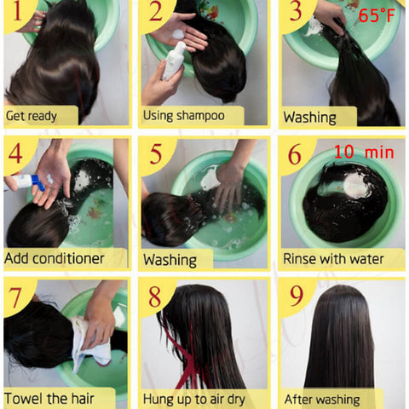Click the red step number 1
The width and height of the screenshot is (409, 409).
click(x=17, y=11)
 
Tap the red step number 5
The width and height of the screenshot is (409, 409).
click(x=156, y=153)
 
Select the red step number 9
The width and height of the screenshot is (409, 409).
click(x=297, y=296)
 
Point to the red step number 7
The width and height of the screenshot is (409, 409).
click(x=15, y=297)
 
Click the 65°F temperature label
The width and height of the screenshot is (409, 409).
click(x=377, y=15)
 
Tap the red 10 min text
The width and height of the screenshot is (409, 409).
click(x=364, y=152)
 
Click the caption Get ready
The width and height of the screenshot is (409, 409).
click(x=32, y=116)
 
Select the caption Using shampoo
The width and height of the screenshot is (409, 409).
click(x=184, y=116)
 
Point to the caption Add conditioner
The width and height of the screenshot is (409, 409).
click(x=55, y=258)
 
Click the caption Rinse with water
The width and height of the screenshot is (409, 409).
click(x=333, y=259)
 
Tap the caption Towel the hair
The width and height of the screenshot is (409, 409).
click(x=49, y=398)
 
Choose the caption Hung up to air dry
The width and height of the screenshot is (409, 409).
click(x=194, y=399)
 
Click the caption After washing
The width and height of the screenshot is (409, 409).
click(x=322, y=400)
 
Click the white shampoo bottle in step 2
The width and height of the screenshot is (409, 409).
click(x=173, y=60)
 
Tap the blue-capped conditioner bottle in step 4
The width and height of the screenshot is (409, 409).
click(x=25, y=181)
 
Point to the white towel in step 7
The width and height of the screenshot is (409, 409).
click(x=90, y=343)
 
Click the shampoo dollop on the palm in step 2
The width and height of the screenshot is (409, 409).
click(x=178, y=34)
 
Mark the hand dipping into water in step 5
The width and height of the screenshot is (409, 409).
click(x=229, y=185)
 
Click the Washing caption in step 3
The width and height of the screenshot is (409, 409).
click(x=309, y=117)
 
